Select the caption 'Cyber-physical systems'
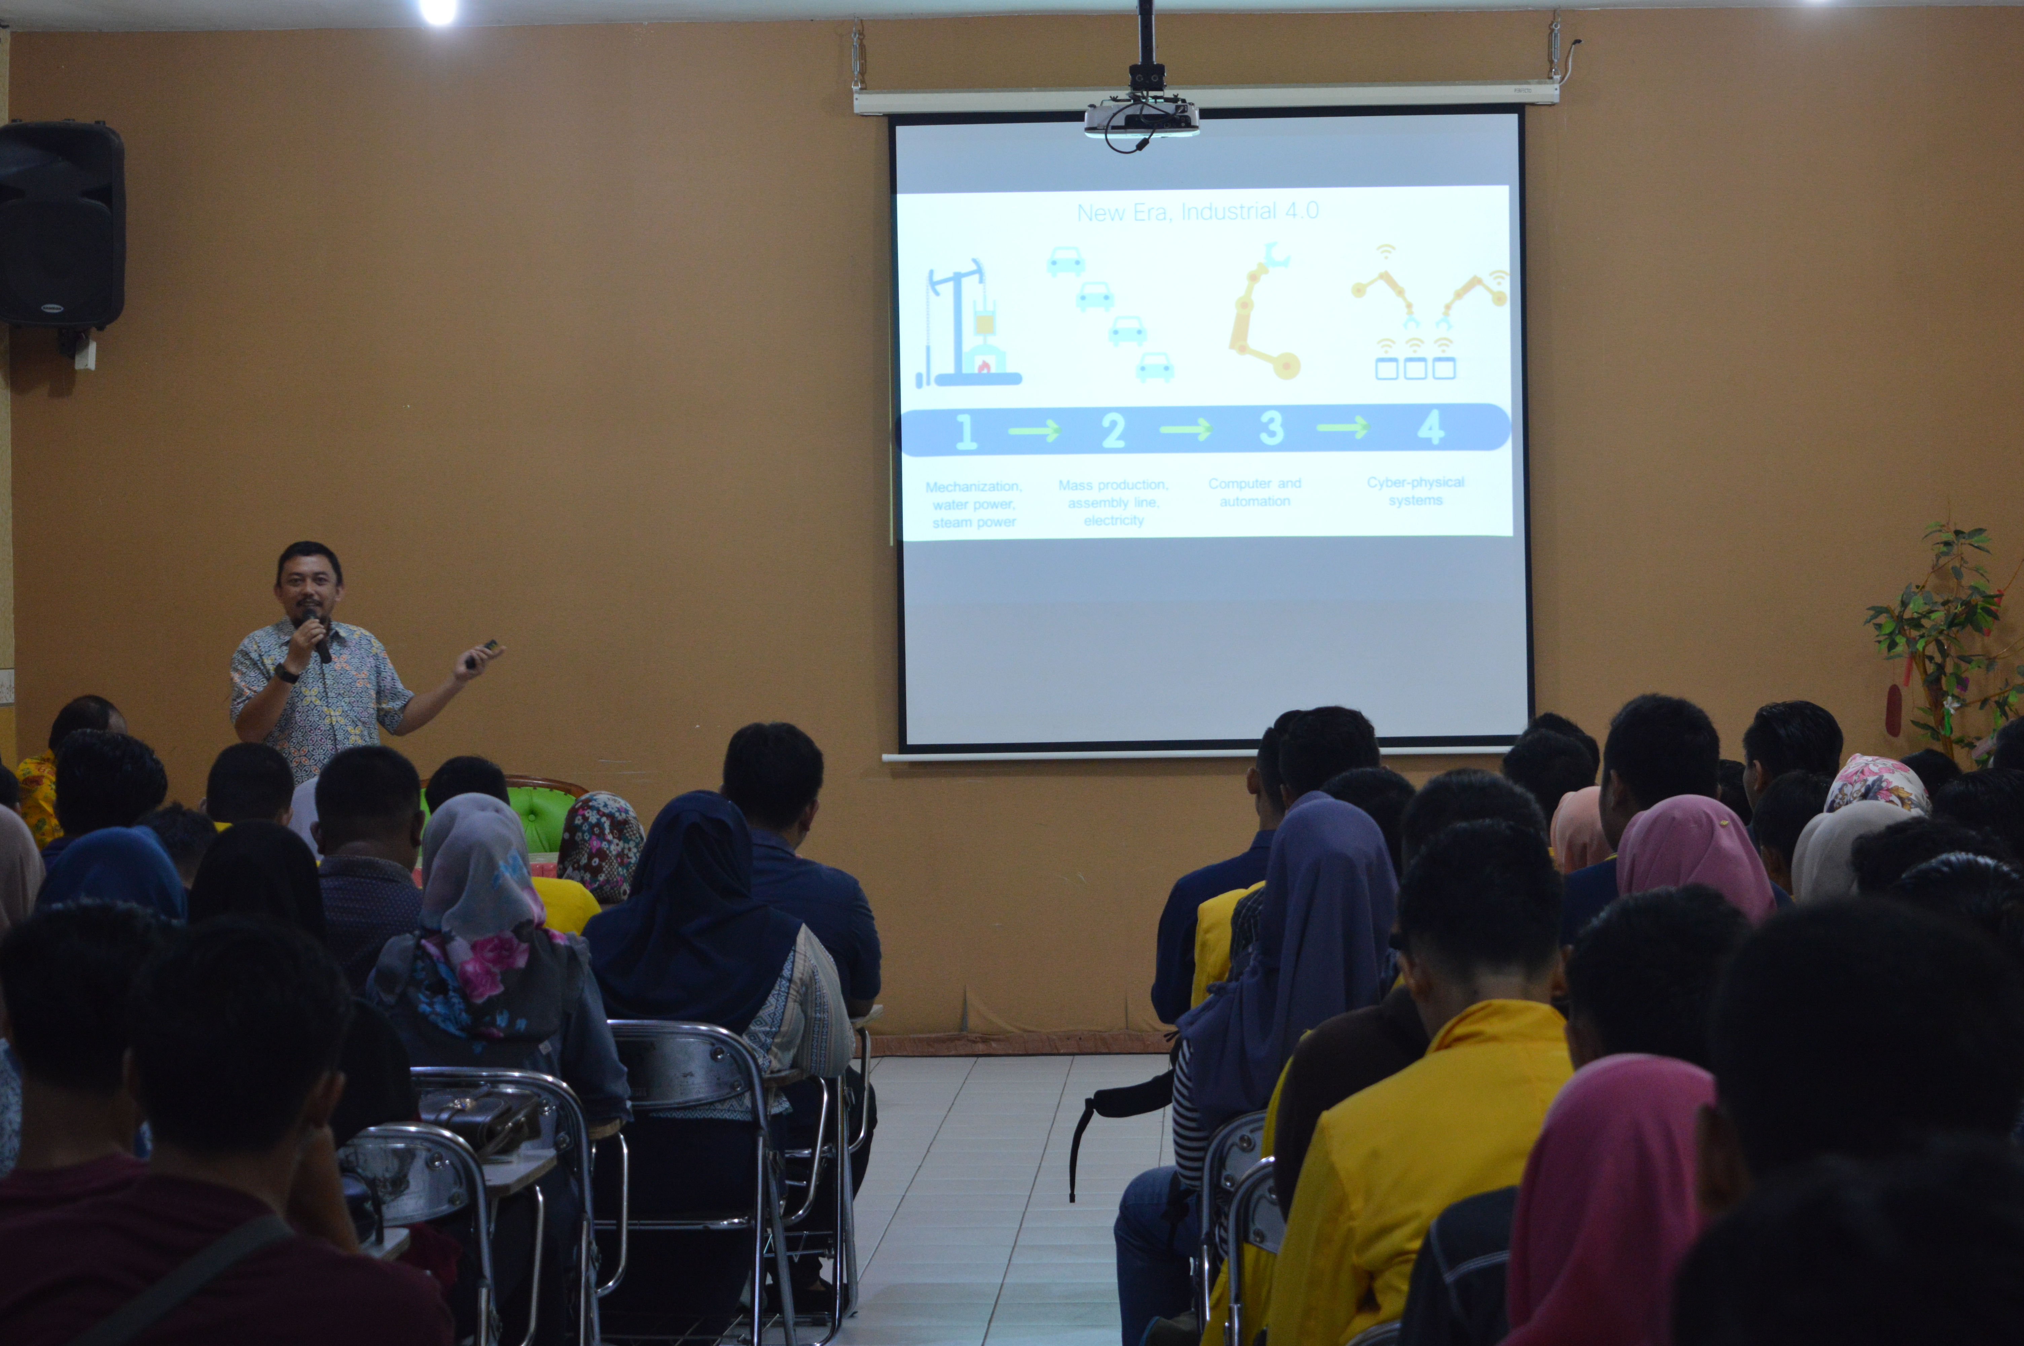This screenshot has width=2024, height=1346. (1415, 491)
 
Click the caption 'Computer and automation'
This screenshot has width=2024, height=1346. (1254, 492)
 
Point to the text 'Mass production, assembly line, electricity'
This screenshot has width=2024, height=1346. (1113, 502)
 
